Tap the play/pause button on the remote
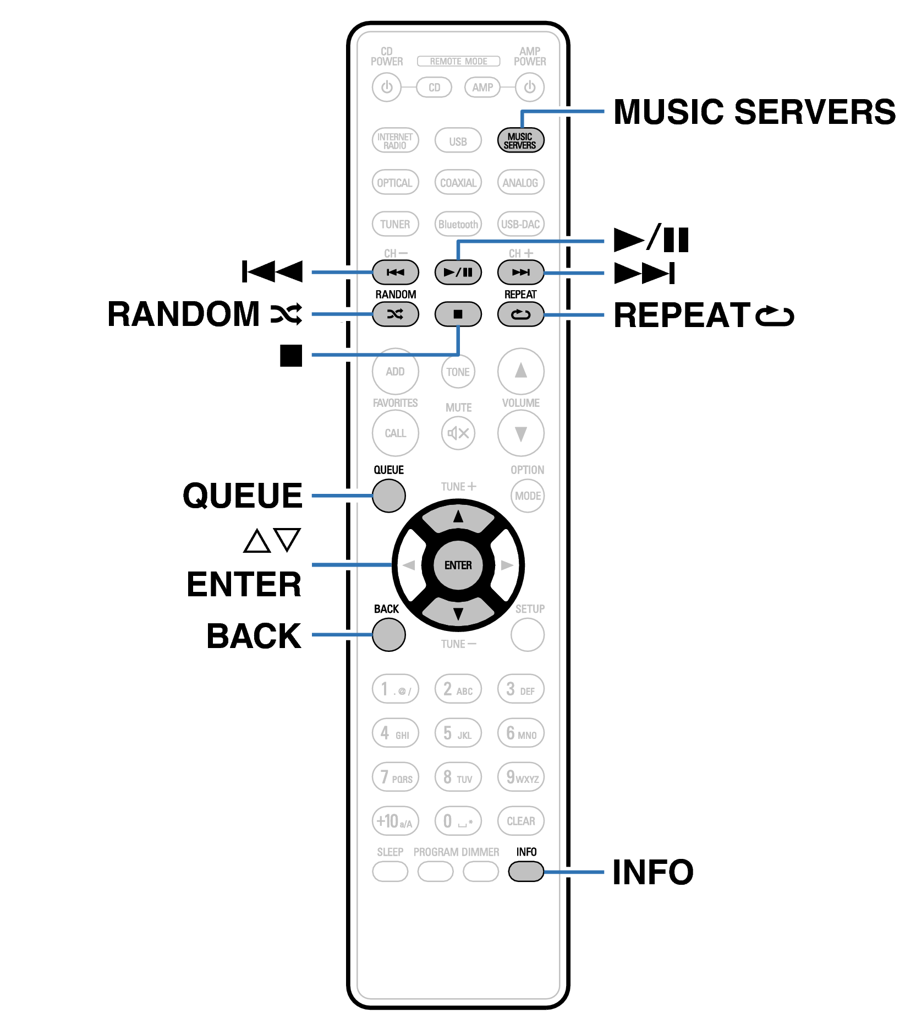tap(458, 272)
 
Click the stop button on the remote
tap(458, 314)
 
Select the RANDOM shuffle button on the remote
tap(395, 314)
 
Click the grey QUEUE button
tap(388, 496)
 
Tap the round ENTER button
tap(458, 565)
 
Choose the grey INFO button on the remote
tap(526, 871)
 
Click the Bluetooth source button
tap(458, 224)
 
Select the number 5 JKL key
tap(458, 733)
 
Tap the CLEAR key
tap(520, 821)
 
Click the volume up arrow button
tap(520, 371)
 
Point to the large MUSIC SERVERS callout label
tap(754, 112)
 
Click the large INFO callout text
tap(653, 872)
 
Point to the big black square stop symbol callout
tap(291, 355)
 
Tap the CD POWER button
tap(387, 87)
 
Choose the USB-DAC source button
tap(520, 224)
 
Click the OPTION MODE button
tap(528, 496)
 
